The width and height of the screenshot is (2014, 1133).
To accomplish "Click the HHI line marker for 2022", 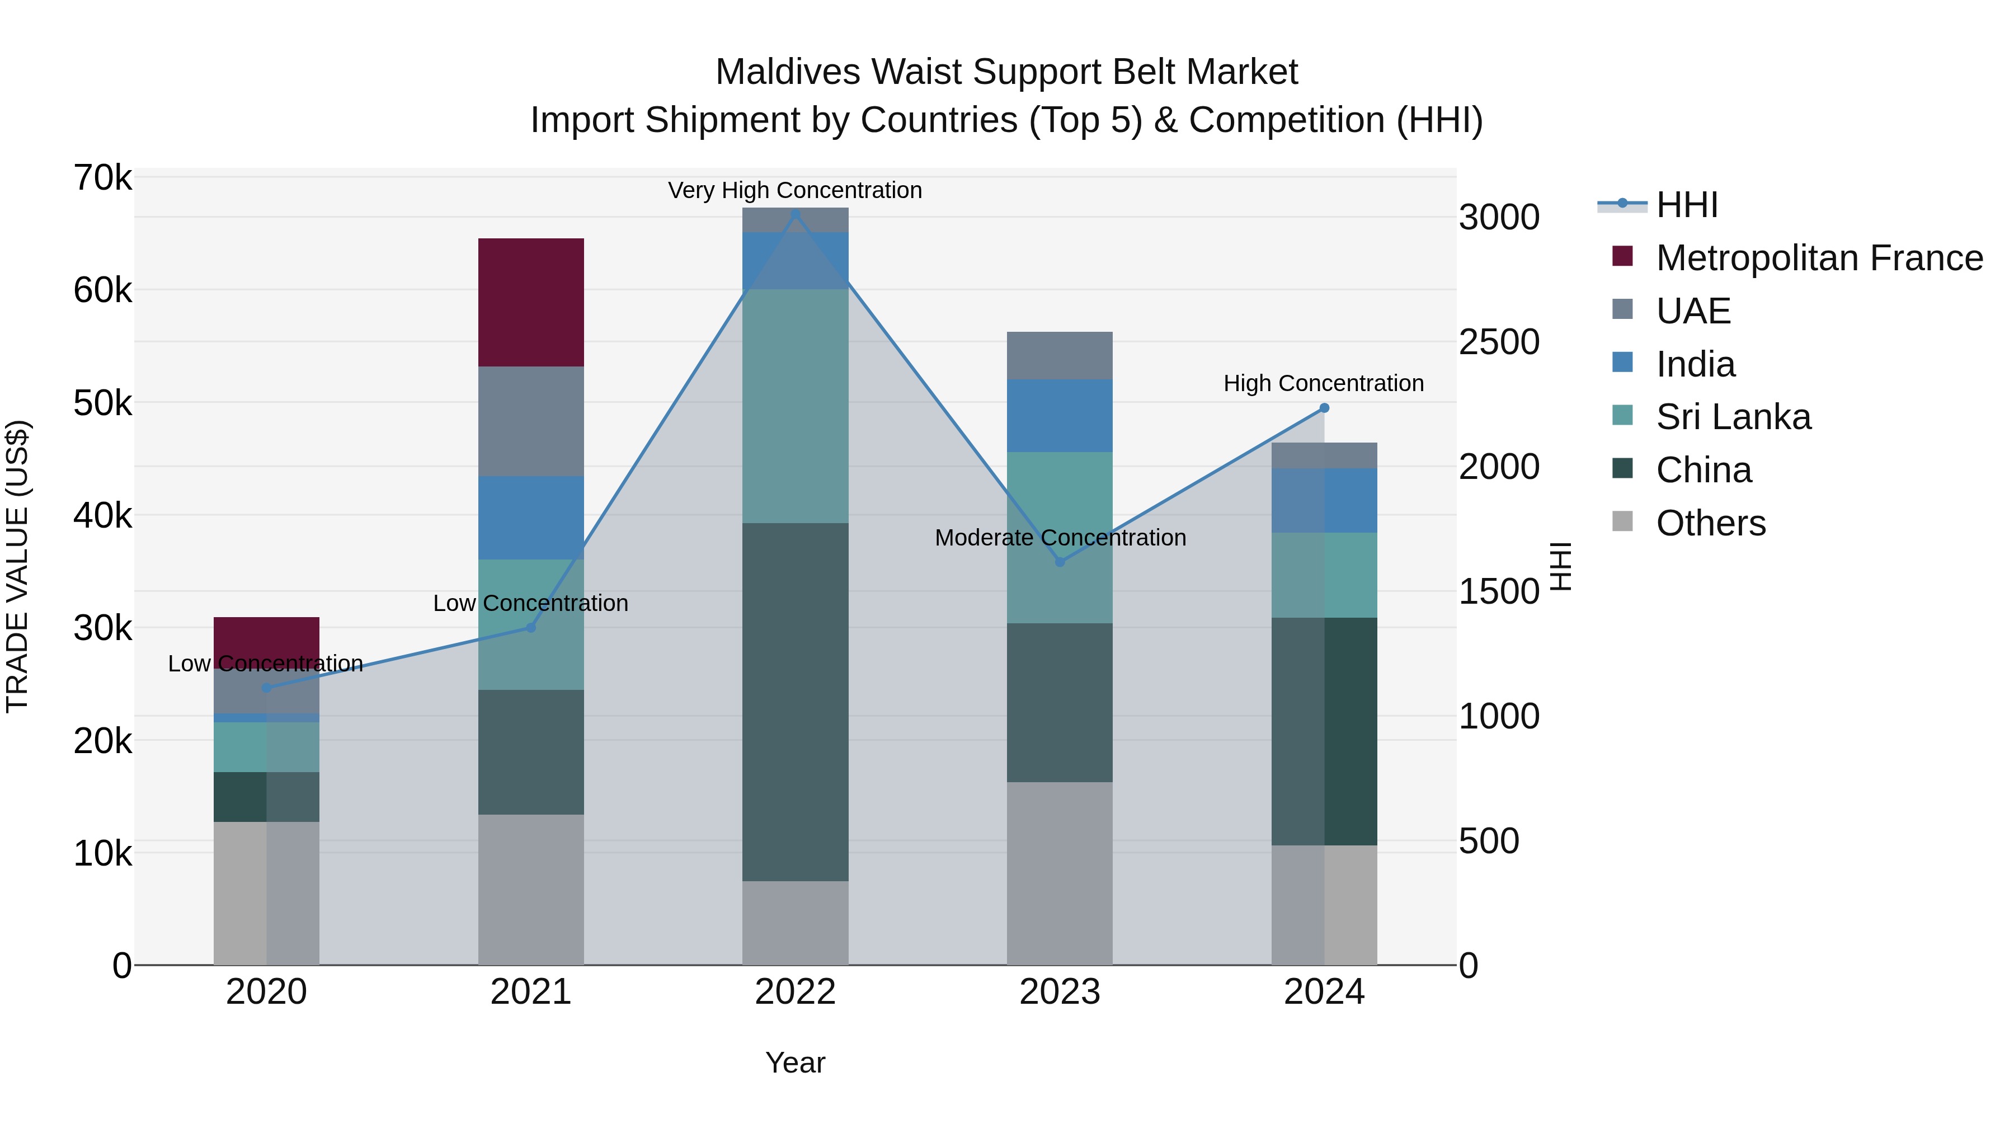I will pos(795,214).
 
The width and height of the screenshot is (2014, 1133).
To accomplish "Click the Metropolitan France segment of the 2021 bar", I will pos(531,303).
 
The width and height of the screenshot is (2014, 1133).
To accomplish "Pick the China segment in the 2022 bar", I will pos(795,702).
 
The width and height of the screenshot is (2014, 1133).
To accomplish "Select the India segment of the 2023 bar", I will pos(1060,416).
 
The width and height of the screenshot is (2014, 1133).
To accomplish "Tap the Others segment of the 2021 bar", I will pos(531,889).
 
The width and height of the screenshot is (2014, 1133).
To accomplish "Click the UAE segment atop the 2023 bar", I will pos(1060,356).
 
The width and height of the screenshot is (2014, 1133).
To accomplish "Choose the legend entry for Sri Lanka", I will pos(1733,417).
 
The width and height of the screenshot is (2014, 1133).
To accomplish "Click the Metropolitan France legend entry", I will pos(1819,258).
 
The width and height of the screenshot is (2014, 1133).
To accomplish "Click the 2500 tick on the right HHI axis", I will pos(1499,342).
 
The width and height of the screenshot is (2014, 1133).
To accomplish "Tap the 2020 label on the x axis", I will pos(267,992).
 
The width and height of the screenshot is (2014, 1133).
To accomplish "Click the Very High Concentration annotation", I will pos(795,190).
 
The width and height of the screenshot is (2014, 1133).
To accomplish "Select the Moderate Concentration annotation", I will pos(1060,538).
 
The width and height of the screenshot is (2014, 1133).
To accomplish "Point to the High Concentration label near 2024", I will pos(1323,383).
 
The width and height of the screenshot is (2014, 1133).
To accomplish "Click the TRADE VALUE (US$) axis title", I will pos(17,566).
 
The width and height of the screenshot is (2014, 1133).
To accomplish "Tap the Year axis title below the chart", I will pos(795,1063).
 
